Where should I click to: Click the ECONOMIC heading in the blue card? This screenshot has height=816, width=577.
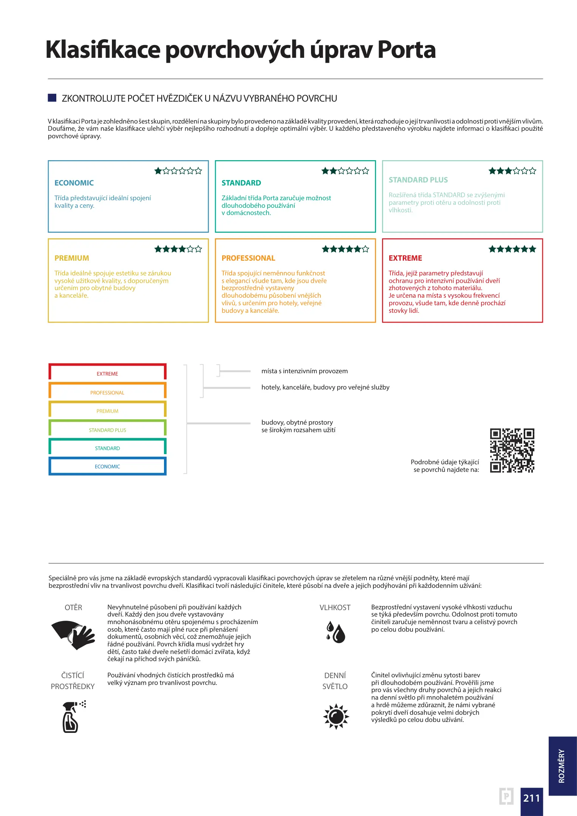[x=74, y=183]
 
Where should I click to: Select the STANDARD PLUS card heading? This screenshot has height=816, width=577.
[x=418, y=180]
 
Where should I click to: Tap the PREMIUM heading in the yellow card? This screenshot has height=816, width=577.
[x=72, y=258]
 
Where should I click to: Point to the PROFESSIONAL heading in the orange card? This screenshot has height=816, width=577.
[x=248, y=258]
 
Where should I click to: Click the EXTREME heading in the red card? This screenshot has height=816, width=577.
[x=405, y=258]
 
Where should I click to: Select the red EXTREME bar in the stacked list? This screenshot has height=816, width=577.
[x=107, y=373]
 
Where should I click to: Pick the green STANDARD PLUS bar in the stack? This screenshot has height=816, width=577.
[x=107, y=430]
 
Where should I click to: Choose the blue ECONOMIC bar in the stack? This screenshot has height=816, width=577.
[x=107, y=466]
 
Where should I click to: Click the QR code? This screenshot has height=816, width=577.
[x=512, y=450]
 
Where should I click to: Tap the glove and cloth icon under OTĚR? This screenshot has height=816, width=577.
[x=73, y=635]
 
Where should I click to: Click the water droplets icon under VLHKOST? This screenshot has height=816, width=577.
[x=336, y=632]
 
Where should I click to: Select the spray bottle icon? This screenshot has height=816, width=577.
[x=72, y=717]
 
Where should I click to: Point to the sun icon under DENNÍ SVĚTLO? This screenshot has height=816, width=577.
[x=336, y=716]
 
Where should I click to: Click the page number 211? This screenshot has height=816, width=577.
[x=531, y=798]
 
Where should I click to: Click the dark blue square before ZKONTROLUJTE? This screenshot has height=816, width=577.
[x=52, y=98]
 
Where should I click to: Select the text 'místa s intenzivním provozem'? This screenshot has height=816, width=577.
[x=304, y=371]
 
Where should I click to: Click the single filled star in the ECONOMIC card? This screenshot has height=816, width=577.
[x=158, y=171]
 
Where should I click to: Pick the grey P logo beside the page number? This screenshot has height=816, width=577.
[x=506, y=796]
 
